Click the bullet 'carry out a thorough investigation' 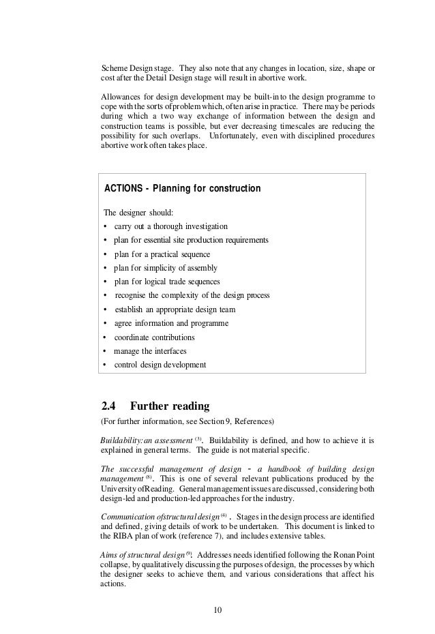171,226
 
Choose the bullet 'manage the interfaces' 150,351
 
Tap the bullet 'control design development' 160,365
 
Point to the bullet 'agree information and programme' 171,323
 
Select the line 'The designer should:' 140,212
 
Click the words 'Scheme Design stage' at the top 137,68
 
